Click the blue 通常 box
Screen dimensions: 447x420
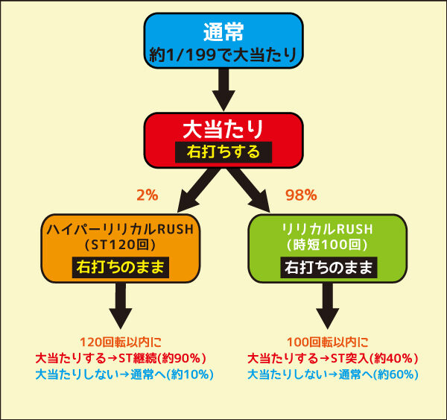click(x=223, y=40)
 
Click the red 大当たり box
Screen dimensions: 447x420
click(x=223, y=140)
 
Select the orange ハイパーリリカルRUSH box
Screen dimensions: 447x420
click(x=121, y=248)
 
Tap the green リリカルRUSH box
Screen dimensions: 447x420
click(x=328, y=248)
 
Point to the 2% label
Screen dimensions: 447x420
click(x=148, y=195)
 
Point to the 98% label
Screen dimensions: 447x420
click(x=301, y=195)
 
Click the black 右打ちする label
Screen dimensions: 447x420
click(x=223, y=152)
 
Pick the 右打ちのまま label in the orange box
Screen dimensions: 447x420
click(x=121, y=267)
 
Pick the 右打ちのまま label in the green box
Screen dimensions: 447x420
click(x=329, y=267)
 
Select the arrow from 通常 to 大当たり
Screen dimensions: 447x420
click(x=223, y=90)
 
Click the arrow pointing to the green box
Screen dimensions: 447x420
click(x=249, y=190)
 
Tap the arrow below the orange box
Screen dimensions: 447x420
click(x=121, y=306)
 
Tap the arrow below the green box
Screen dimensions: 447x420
click(x=328, y=306)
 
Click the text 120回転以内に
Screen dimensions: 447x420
click(x=121, y=342)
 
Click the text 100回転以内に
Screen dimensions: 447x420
click(x=328, y=342)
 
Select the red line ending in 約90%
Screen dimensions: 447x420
click(x=121, y=358)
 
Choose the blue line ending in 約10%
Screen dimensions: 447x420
click(x=124, y=374)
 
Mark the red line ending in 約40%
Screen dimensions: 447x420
click(x=333, y=358)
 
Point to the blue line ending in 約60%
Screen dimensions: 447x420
click(x=333, y=374)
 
